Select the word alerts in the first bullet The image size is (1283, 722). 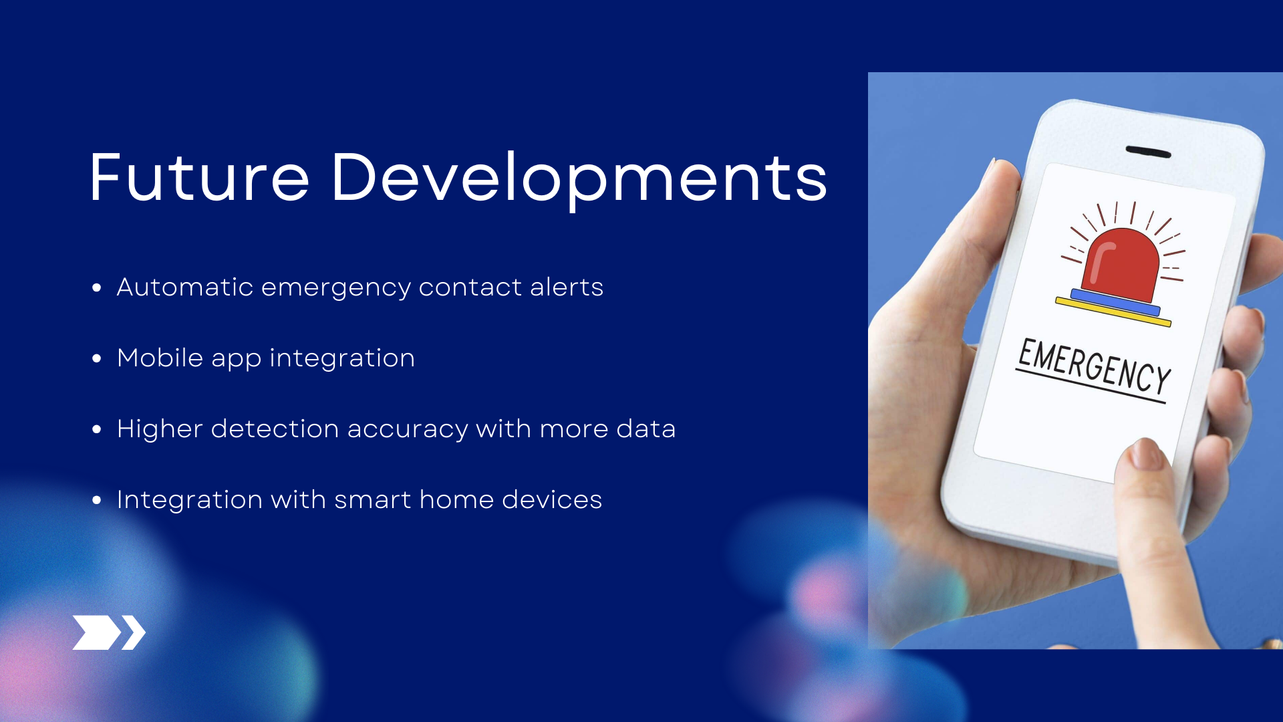[567, 287]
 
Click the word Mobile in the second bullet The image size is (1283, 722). [160, 358]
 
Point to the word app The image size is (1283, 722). [237, 360]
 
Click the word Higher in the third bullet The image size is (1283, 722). [160, 429]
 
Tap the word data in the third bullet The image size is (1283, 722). [646, 429]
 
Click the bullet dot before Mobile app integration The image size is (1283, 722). [97, 359]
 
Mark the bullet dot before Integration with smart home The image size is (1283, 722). [97, 500]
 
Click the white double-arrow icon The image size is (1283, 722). [109, 632]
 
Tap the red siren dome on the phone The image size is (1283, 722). [1121, 265]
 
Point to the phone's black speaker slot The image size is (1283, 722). [1148, 152]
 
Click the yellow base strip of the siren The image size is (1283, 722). [1113, 312]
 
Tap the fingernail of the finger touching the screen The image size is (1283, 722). [1147, 454]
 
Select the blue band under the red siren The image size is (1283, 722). [1115, 302]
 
